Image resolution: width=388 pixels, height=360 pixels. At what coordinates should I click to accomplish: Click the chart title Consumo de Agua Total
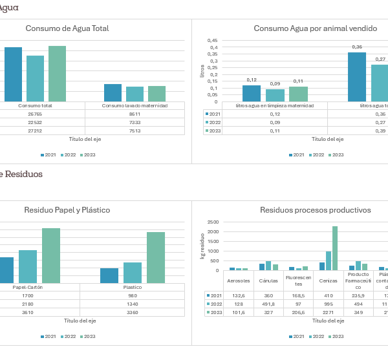(x=67, y=28)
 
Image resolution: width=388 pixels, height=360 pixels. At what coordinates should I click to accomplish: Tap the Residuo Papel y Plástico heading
(x=67, y=210)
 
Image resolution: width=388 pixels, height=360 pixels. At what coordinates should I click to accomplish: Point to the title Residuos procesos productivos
(x=315, y=210)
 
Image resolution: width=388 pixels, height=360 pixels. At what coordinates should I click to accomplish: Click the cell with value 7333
(x=135, y=122)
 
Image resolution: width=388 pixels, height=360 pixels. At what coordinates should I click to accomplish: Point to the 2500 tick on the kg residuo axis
(x=213, y=222)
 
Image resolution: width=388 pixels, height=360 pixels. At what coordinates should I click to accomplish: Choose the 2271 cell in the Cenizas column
(x=329, y=312)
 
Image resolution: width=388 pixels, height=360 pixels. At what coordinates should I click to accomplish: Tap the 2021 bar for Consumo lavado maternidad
(x=113, y=92)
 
